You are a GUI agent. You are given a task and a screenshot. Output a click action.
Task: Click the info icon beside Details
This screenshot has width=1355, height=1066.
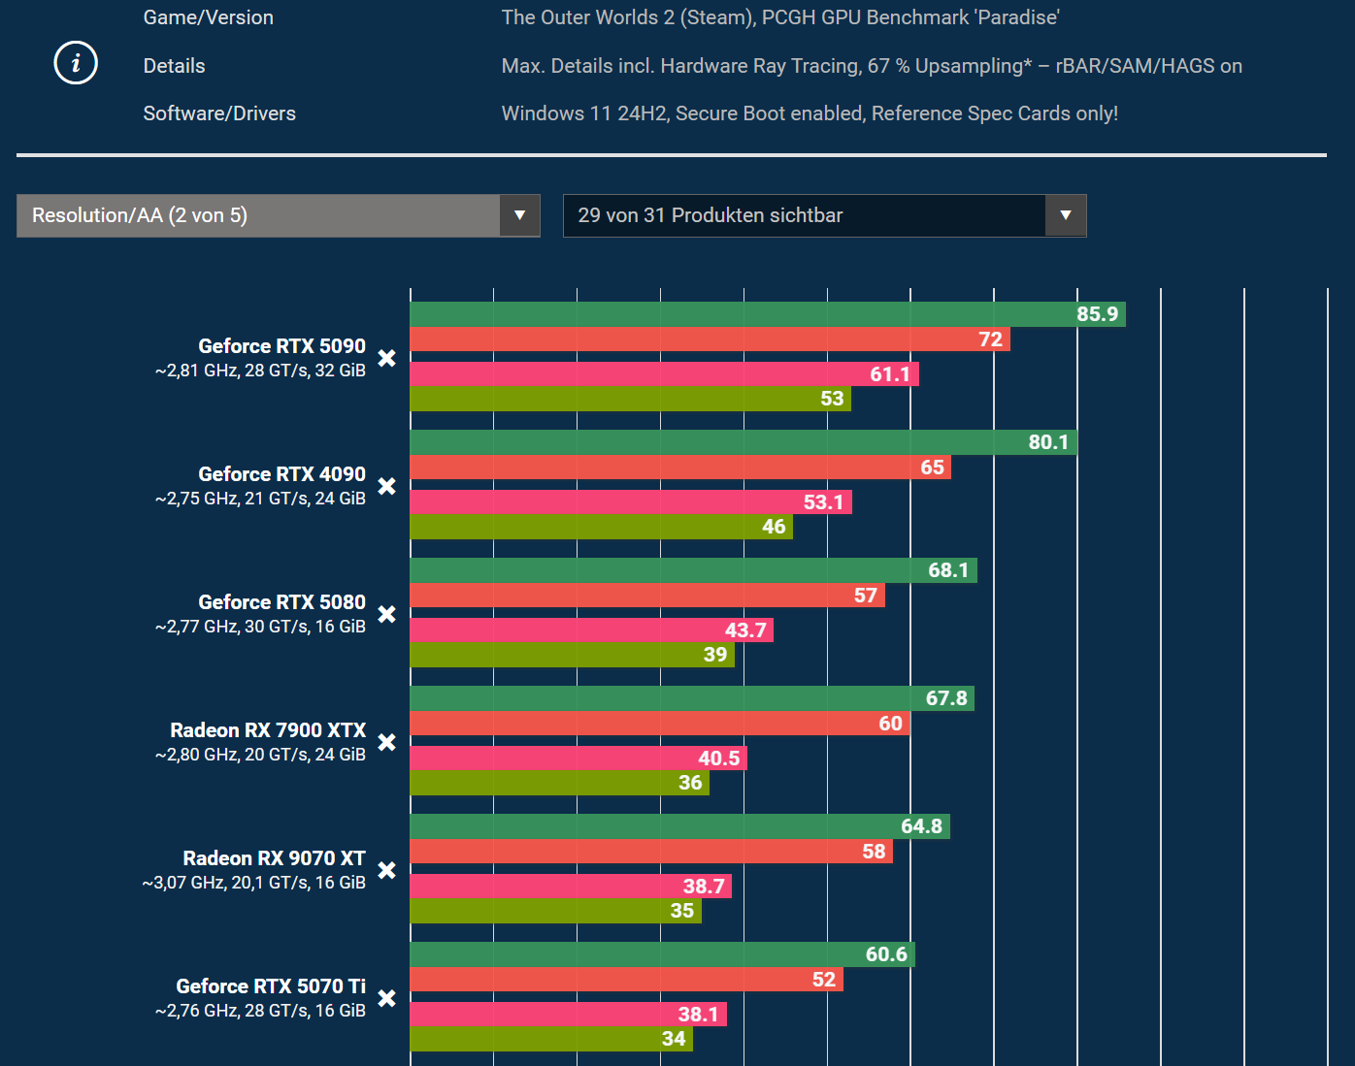click(76, 64)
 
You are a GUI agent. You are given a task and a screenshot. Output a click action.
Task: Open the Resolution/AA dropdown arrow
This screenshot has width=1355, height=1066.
click(519, 215)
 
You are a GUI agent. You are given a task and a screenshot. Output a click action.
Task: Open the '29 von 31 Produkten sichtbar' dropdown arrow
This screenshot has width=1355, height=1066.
click(1065, 215)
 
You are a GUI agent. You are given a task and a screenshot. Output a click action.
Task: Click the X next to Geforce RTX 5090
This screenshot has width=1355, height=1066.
click(386, 358)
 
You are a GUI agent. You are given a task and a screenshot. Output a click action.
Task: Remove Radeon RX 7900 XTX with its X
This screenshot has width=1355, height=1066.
click(386, 742)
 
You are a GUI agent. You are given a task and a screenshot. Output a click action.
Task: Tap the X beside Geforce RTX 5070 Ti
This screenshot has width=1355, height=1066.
click(386, 998)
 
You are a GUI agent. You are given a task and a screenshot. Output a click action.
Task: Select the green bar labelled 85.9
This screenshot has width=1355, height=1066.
click(767, 314)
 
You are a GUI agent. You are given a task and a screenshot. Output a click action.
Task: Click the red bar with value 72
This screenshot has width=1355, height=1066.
click(709, 339)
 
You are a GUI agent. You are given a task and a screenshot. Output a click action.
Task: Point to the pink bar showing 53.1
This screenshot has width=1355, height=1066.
click(631, 502)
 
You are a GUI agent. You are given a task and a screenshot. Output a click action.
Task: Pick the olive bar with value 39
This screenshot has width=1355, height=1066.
click(572, 655)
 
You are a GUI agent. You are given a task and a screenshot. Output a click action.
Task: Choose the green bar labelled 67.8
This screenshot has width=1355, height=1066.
click(691, 698)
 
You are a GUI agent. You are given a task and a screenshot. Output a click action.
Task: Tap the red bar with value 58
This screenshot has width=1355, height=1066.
click(650, 852)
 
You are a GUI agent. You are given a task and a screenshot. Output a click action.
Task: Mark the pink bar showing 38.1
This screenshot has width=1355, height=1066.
click(568, 1015)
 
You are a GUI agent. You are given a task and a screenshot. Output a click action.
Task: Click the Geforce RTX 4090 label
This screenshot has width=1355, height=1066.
click(281, 474)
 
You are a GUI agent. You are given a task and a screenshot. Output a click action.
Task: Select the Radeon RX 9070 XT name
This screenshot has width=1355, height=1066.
click(274, 858)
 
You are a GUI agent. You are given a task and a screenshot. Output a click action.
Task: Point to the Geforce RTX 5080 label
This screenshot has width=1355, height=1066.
click(281, 602)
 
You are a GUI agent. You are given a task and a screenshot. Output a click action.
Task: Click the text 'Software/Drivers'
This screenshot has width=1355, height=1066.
click(219, 113)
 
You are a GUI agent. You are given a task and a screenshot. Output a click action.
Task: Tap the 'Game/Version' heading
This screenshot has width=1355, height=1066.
click(208, 17)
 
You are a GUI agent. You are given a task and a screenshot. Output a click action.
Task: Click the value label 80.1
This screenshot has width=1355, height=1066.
click(1048, 442)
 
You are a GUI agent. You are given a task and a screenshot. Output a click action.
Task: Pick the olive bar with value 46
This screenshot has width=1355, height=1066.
click(601, 527)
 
